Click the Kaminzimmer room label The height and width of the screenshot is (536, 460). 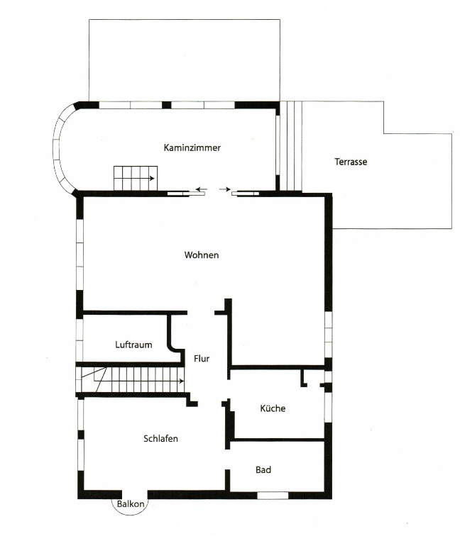click(192, 148)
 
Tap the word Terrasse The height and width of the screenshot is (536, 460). click(351, 162)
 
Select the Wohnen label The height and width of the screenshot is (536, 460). click(202, 255)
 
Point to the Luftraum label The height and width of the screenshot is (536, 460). click(133, 345)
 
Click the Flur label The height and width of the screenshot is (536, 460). click(201, 359)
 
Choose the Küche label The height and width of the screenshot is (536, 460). click(273, 408)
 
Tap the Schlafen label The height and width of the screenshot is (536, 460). click(160, 439)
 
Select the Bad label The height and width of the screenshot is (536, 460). click(263, 469)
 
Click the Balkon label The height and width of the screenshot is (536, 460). click(132, 504)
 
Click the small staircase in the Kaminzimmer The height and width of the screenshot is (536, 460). click(134, 177)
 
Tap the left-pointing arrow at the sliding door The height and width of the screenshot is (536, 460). click(202, 189)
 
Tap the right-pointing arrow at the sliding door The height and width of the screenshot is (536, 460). click(225, 189)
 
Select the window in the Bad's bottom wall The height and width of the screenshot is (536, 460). click(272, 495)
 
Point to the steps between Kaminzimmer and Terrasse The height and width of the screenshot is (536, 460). click(290, 146)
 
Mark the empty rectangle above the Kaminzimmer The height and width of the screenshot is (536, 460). click(183, 60)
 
